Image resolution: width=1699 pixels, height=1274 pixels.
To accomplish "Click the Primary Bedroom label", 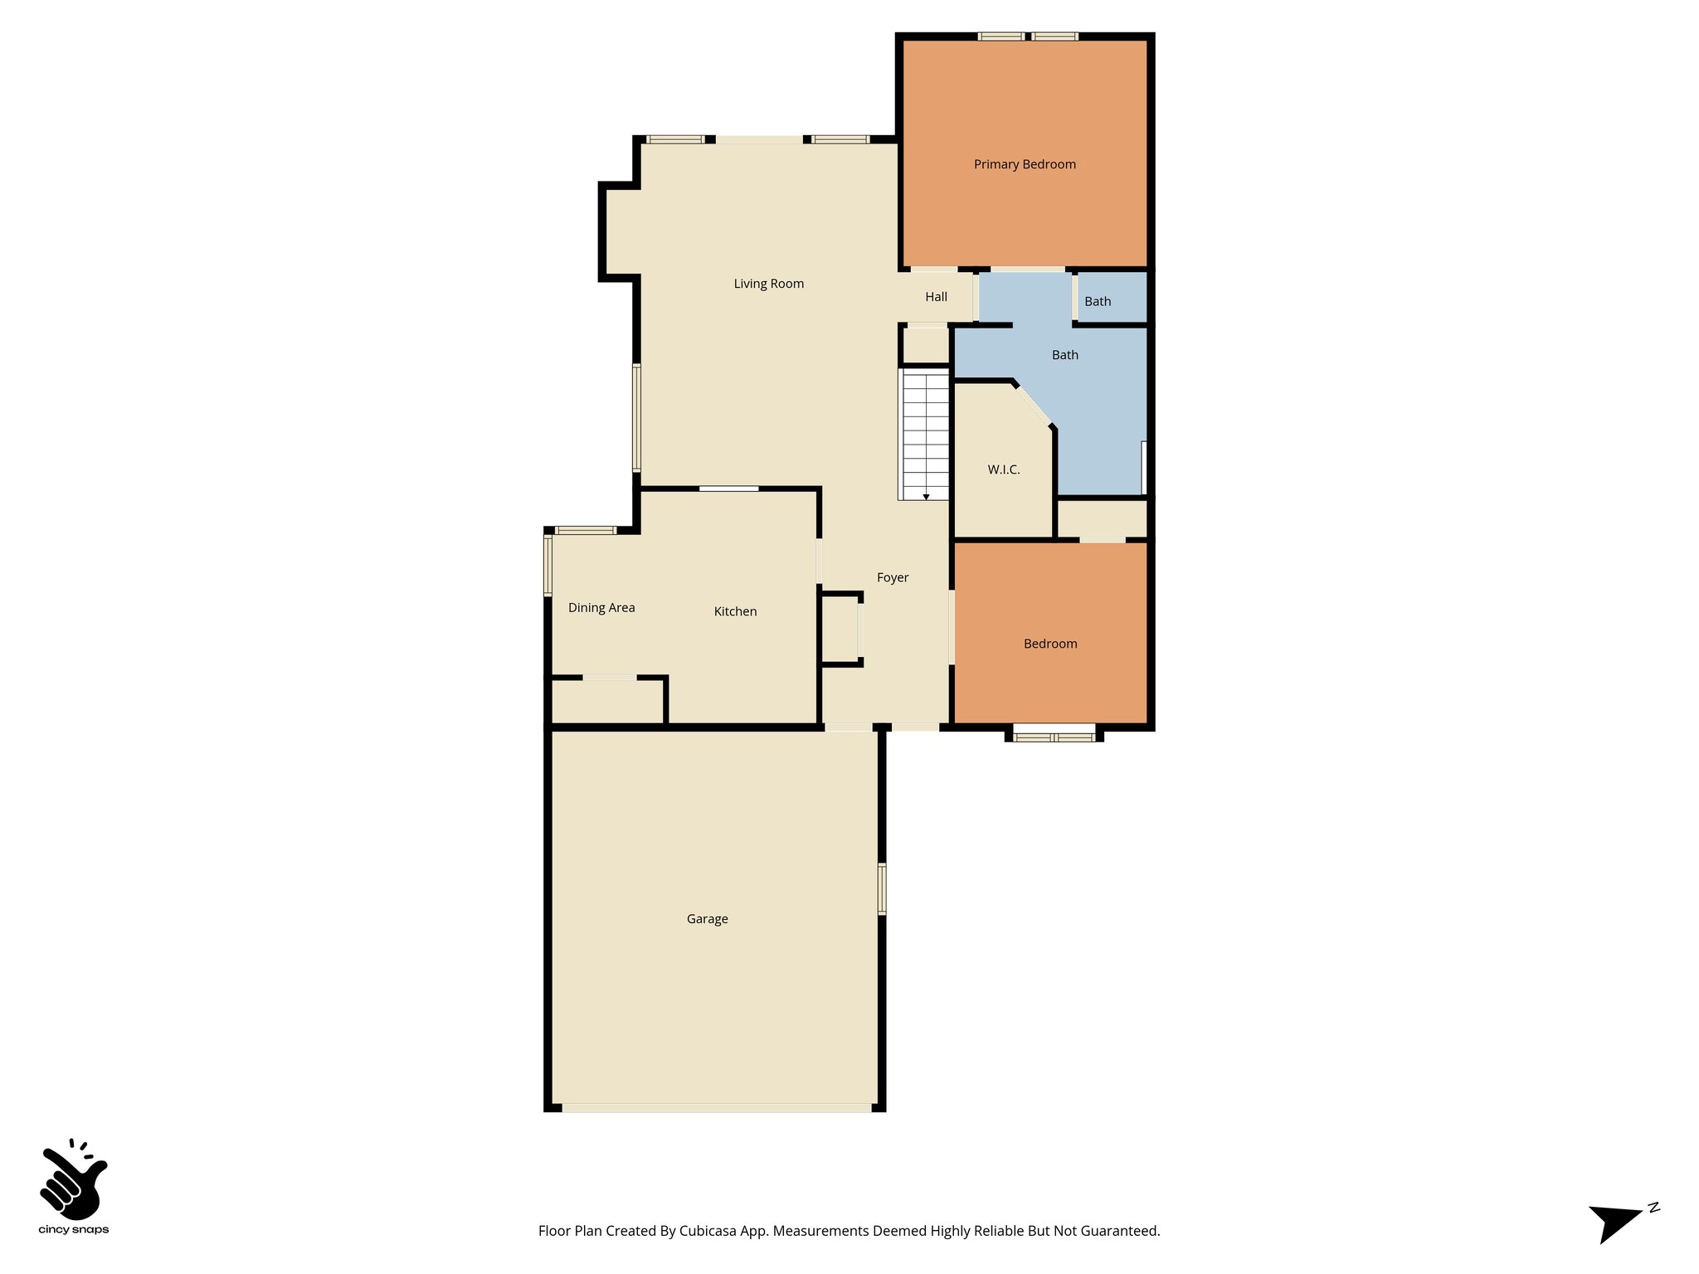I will tap(1025, 164).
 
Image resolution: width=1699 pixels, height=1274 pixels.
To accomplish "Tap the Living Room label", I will tap(768, 284).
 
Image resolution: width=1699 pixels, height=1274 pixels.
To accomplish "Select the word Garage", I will tap(707, 919).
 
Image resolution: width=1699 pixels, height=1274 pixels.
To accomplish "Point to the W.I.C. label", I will tap(1003, 469).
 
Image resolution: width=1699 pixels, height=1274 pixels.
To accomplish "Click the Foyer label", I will tap(893, 577).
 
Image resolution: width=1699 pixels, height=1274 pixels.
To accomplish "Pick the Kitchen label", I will tap(735, 611).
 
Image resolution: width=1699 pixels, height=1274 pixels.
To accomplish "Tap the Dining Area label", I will tap(601, 608).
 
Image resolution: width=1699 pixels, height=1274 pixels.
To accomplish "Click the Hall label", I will tap(936, 297).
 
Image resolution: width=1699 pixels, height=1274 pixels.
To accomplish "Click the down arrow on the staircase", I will tap(926, 495).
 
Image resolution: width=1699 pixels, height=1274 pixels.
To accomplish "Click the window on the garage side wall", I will tap(882, 888).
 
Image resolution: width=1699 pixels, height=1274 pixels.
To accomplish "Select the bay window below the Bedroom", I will tap(1054, 735).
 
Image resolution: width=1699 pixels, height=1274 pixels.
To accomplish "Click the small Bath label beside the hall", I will tap(1097, 302).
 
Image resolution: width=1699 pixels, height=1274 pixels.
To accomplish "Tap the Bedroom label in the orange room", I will tap(1050, 644).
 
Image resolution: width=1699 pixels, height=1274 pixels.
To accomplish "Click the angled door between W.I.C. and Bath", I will tap(1034, 405).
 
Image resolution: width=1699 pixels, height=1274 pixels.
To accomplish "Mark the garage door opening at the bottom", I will tap(716, 1107).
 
